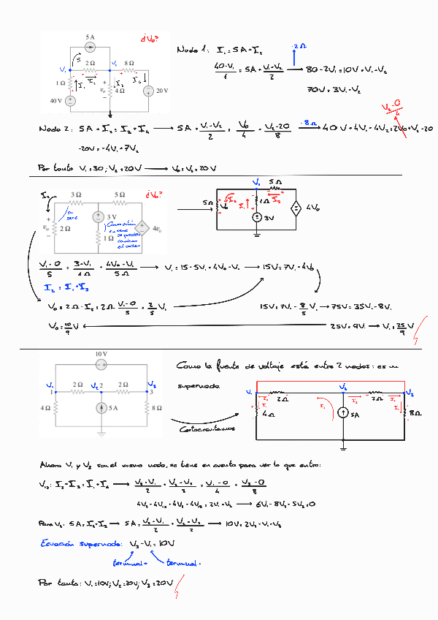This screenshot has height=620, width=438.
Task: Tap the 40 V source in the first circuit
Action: (71, 100)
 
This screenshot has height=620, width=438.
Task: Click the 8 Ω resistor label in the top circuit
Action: (129, 64)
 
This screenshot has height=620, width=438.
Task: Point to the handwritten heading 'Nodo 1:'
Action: (193, 50)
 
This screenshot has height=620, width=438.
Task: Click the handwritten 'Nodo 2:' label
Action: (53, 129)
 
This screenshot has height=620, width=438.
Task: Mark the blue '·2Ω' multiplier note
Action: (299, 46)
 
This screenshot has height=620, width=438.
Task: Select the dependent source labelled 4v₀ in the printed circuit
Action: (143, 228)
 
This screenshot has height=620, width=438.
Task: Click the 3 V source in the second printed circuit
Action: (98, 217)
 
